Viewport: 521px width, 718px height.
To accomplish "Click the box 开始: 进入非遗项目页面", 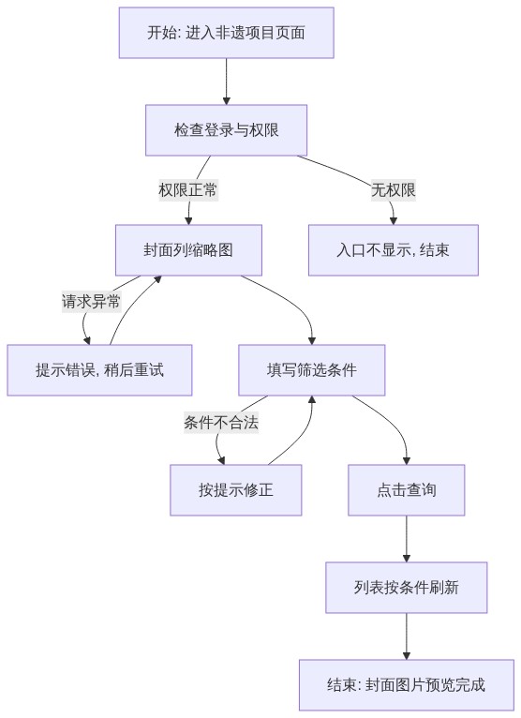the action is pyautogui.click(x=226, y=33).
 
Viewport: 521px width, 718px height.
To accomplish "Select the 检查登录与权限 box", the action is pyautogui.click(x=226, y=130).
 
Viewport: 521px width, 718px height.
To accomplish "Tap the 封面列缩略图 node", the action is pyautogui.click(x=188, y=250).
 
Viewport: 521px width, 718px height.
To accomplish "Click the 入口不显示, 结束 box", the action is pyautogui.click(x=394, y=250).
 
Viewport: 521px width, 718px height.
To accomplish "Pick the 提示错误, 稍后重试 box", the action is pyautogui.click(x=99, y=370).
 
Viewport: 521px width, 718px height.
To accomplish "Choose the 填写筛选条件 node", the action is pyautogui.click(x=312, y=370).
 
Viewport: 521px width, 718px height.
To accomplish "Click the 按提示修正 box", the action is pyautogui.click(x=236, y=490).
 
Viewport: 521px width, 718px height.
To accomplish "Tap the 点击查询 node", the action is pyautogui.click(x=407, y=490).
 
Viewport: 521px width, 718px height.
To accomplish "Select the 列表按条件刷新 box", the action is pyautogui.click(x=407, y=588).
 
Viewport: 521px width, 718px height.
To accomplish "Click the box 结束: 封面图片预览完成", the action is pyautogui.click(x=407, y=685).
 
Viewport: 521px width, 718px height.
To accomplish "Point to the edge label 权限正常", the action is pyautogui.click(x=188, y=189).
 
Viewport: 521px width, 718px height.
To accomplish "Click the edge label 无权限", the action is pyautogui.click(x=394, y=189).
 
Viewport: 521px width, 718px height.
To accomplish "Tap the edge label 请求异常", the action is pyautogui.click(x=91, y=301).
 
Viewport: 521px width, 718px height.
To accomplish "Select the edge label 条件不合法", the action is pyautogui.click(x=221, y=422).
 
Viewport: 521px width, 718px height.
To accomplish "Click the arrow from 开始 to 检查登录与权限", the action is pyautogui.click(x=226, y=82).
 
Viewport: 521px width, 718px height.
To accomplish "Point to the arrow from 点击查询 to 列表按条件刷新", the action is pyautogui.click(x=407, y=539).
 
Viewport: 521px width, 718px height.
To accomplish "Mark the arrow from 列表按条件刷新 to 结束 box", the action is pyautogui.click(x=407, y=636).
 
